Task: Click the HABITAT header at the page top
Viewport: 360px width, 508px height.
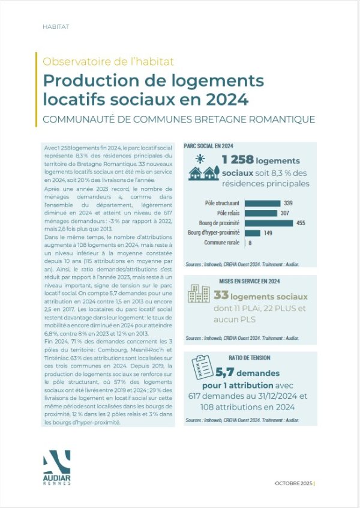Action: pyautogui.click(x=56, y=27)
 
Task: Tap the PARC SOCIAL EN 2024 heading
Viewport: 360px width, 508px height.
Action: pyautogui.click(x=209, y=146)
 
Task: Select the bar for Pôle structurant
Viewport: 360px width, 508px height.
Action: pyautogui.click(x=263, y=203)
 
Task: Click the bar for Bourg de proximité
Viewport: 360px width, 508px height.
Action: pyautogui.click(x=269, y=223)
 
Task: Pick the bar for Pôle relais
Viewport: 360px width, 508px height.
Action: pyautogui.click(x=261, y=213)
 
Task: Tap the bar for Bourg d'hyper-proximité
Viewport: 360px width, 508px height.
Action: pyautogui.click(x=253, y=232)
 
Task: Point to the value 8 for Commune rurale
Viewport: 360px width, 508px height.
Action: pyautogui.click(x=250, y=243)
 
